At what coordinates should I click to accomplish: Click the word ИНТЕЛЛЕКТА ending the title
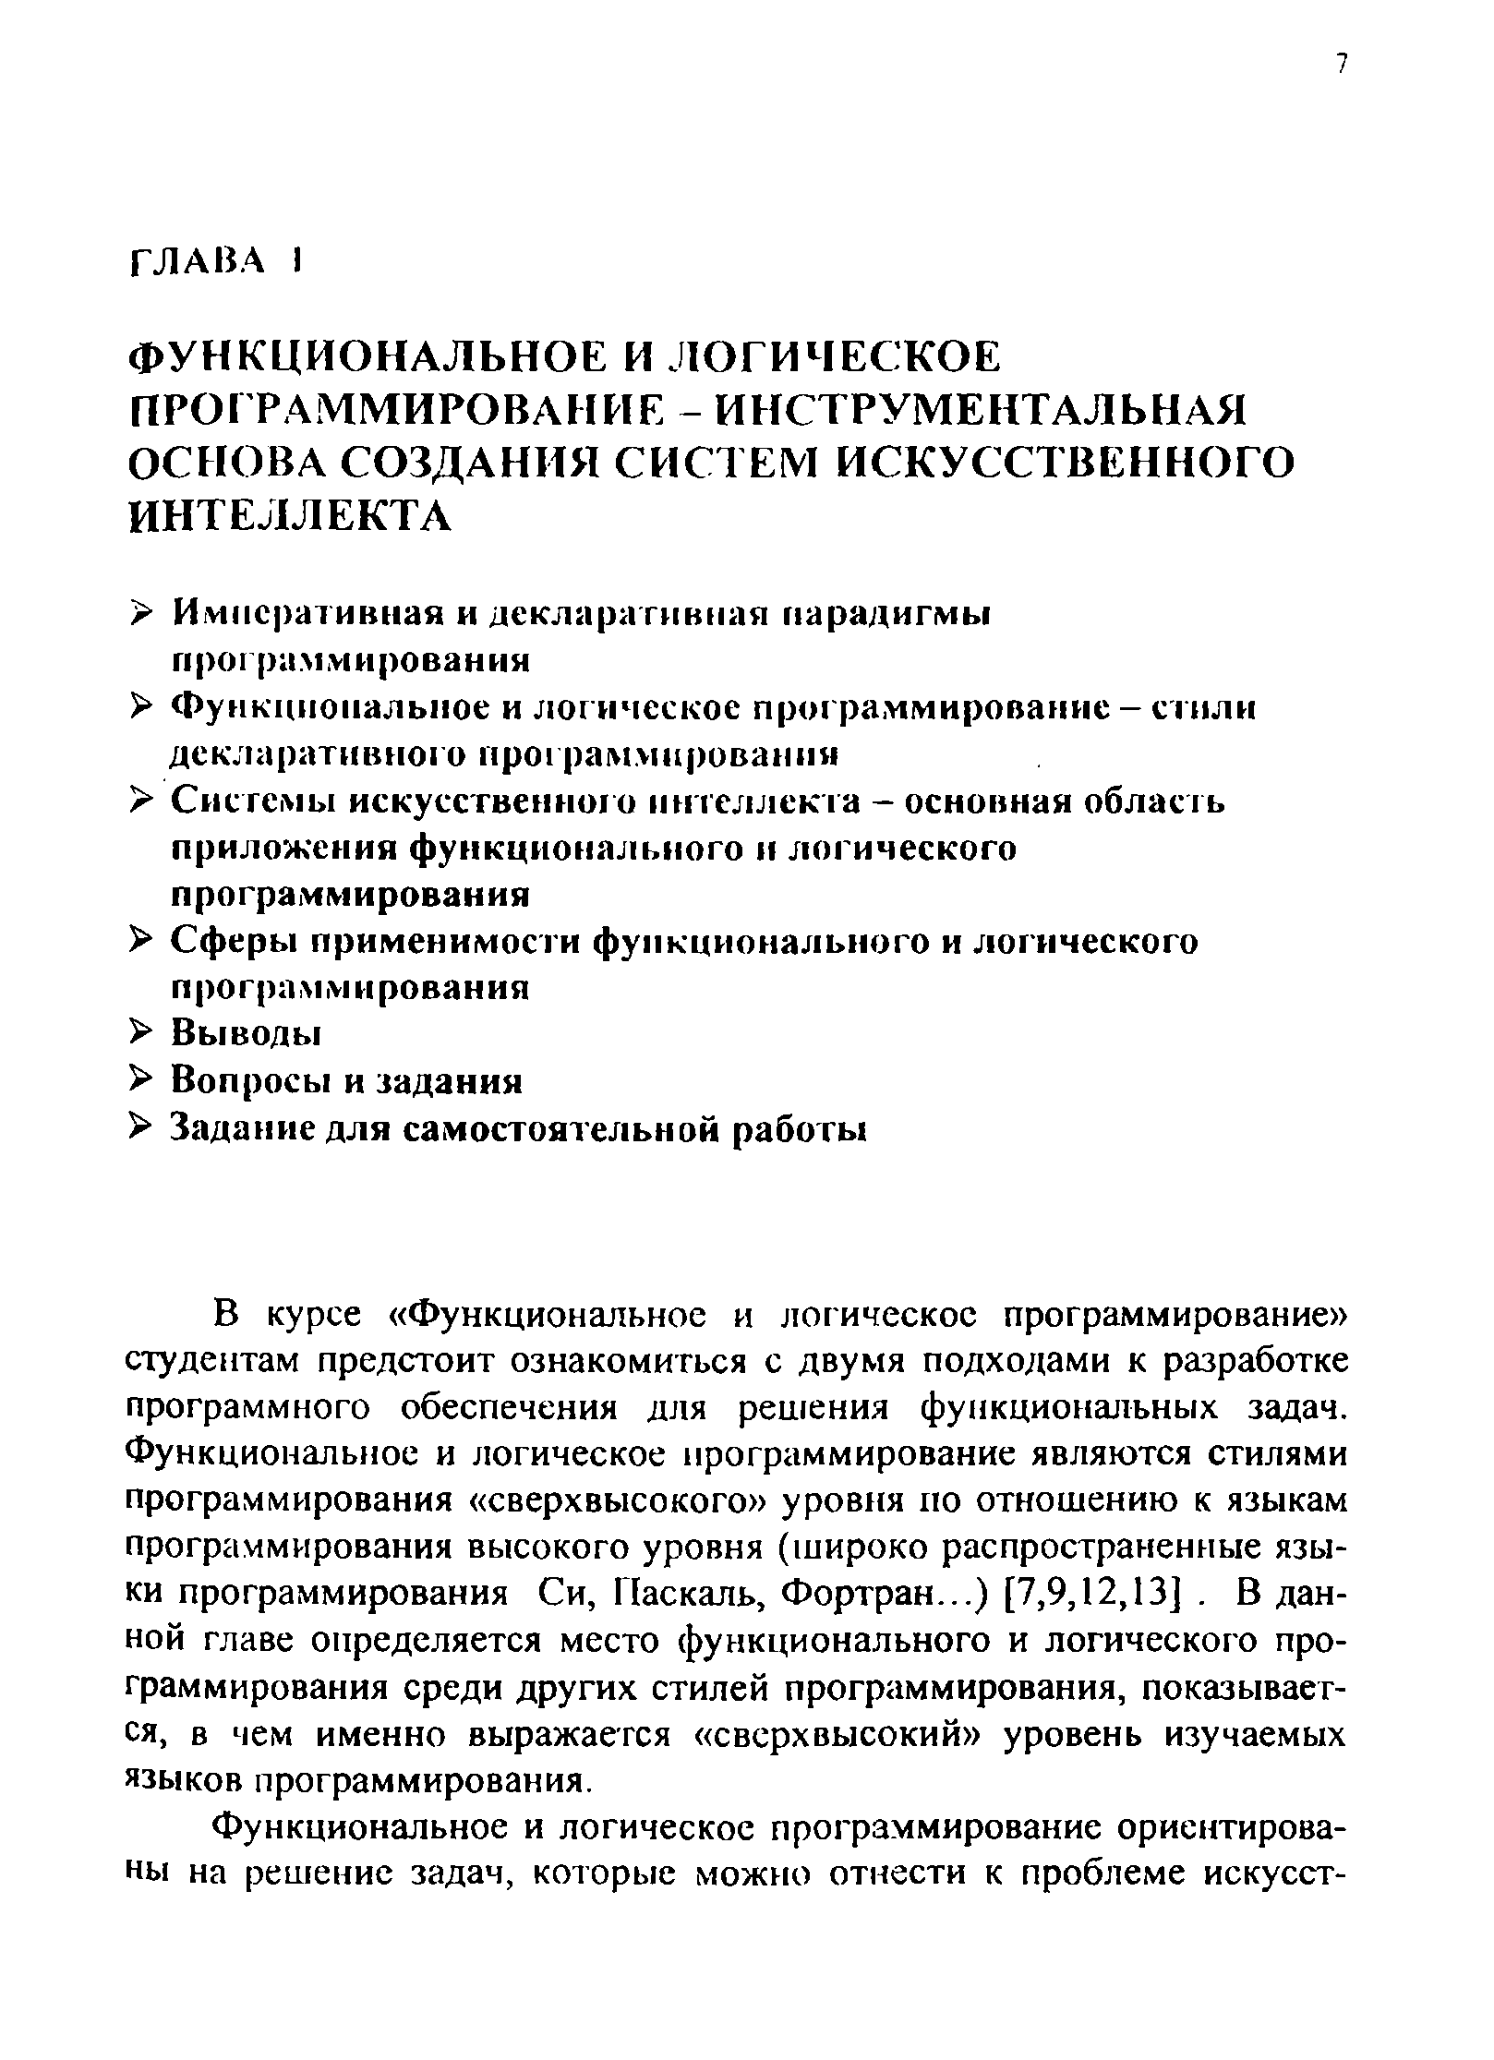click(290, 516)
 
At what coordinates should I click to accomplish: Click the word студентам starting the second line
click(216, 1360)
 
